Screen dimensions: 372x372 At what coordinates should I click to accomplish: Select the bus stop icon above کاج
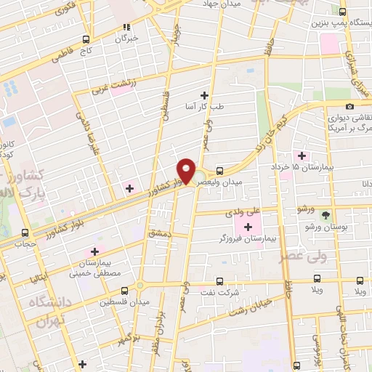pyautogui.click(x=86, y=39)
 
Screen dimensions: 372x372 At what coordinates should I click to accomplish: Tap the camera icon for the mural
pyautogui.click(x=350, y=107)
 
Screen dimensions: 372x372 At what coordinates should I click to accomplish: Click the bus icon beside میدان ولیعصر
pyautogui.click(x=220, y=170)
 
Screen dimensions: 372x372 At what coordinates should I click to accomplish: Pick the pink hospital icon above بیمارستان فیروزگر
pyautogui.click(x=248, y=227)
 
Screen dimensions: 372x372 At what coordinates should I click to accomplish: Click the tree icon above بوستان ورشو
pyautogui.click(x=326, y=214)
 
